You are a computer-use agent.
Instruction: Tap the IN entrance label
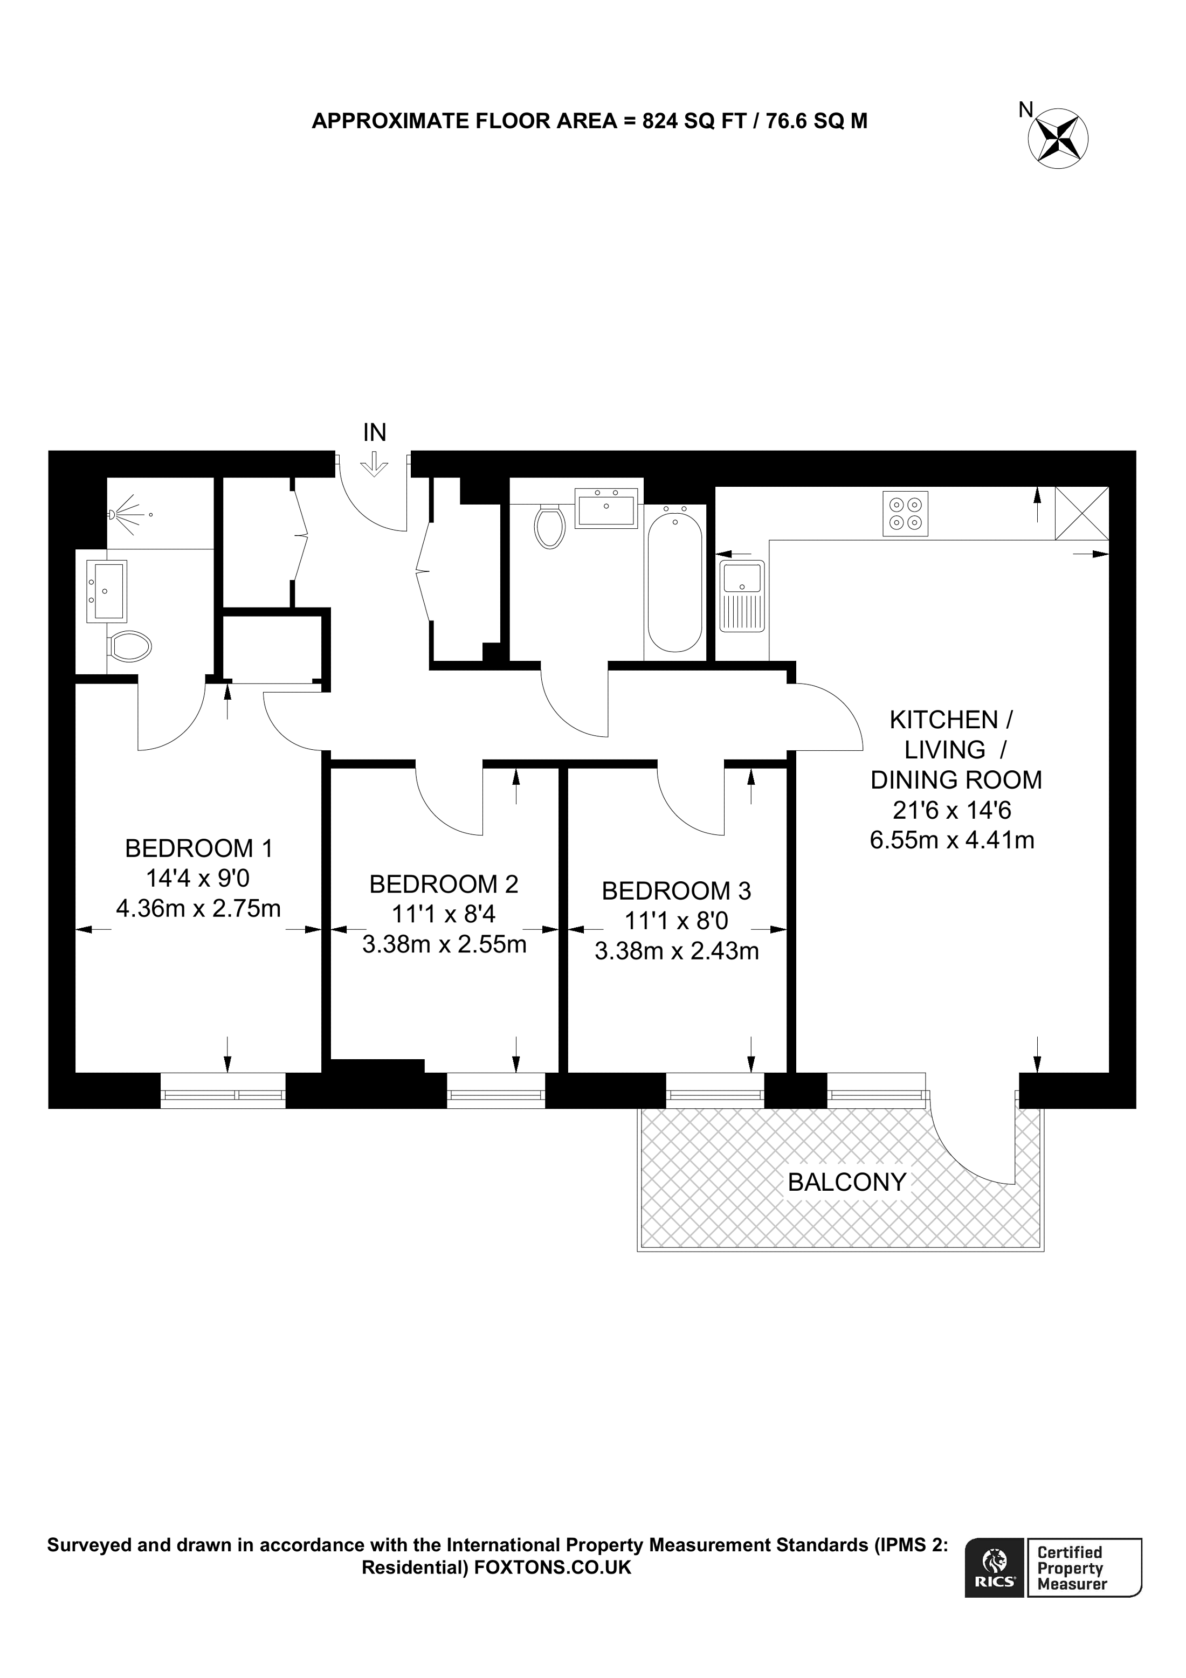(x=374, y=433)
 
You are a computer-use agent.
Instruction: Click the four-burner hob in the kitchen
(x=905, y=513)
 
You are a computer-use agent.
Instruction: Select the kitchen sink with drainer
(x=742, y=596)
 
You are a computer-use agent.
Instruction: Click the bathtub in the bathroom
(x=674, y=582)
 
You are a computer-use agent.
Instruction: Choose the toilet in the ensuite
(x=130, y=646)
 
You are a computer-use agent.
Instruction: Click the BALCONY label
(x=847, y=1182)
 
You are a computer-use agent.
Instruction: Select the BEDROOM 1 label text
(x=199, y=848)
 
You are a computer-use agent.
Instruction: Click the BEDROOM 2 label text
(x=444, y=885)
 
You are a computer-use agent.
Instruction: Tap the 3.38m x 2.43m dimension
(x=677, y=951)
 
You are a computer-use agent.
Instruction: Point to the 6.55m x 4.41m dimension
(x=951, y=840)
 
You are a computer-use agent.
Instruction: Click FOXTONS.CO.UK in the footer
(x=553, y=1567)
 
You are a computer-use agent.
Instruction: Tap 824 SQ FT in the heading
(x=693, y=121)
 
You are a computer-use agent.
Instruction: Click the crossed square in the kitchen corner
(x=1081, y=513)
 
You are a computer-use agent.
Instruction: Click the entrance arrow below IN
(x=374, y=464)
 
